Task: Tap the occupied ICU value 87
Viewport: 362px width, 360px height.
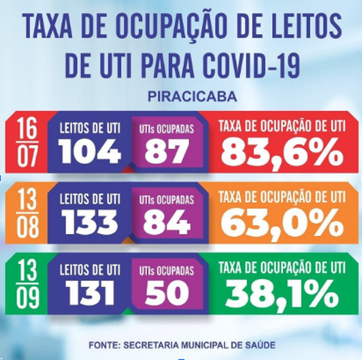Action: (x=166, y=153)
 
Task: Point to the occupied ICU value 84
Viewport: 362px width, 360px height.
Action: (x=166, y=223)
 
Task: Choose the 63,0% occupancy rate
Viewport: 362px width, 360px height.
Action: (x=280, y=223)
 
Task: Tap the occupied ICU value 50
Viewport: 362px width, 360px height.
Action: (x=166, y=293)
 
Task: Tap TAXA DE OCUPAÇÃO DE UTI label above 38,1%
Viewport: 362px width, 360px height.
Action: (x=280, y=268)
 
